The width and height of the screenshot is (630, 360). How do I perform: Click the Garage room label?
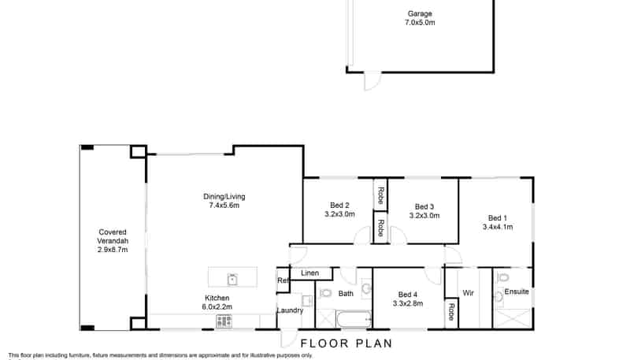click(x=420, y=18)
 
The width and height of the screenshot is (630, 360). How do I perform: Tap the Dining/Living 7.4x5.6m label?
click(x=224, y=201)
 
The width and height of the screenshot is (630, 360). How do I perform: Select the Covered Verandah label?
click(x=113, y=241)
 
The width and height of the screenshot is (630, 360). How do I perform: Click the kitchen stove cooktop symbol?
click(x=224, y=321)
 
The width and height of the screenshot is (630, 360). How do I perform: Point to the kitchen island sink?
click(x=232, y=278)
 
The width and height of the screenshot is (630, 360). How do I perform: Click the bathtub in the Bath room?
click(x=354, y=320)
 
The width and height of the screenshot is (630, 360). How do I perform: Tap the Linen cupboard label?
click(x=309, y=273)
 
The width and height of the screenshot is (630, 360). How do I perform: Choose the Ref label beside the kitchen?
click(x=283, y=280)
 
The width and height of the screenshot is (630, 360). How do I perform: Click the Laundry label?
click(x=290, y=310)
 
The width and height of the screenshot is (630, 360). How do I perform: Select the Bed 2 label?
click(x=339, y=210)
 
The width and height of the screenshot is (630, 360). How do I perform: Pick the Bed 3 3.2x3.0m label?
click(x=424, y=211)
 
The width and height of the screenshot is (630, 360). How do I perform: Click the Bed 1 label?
click(x=498, y=222)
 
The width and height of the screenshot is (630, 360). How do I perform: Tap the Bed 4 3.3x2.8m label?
click(x=408, y=299)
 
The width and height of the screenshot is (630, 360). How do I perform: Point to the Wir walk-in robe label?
click(x=468, y=293)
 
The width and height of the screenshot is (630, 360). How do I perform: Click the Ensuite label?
click(x=517, y=291)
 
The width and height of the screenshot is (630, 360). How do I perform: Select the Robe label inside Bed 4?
click(x=451, y=312)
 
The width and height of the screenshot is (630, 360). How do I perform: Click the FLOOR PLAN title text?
click(x=346, y=343)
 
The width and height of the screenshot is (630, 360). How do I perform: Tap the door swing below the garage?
click(x=372, y=82)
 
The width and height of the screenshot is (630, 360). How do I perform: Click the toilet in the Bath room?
click(x=324, y=293)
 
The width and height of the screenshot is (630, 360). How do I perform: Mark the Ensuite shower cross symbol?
click(x=513, y=318)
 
